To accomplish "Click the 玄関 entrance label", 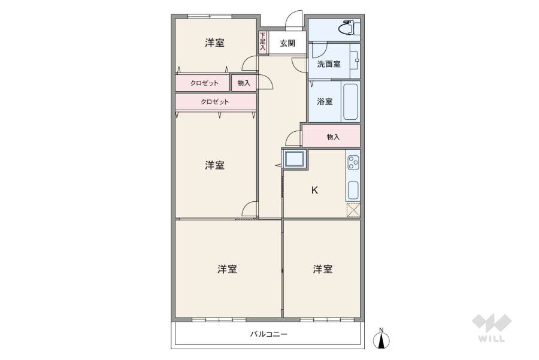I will click(x=287, y=43).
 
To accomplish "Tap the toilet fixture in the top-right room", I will click(x=347, y=28).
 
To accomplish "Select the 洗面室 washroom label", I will click(x=329, y=64).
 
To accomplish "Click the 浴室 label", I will click(x=325, y=102).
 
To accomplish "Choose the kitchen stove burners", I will click(x=353, y=162).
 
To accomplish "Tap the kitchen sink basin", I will click(x=353, y=190).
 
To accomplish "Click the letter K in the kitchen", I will click(x=314, y=190).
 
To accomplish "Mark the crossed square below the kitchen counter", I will click(x=353, y=210).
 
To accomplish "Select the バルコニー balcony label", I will click(x=269, y=334).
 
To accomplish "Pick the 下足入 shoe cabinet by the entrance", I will click(x=262, y=43).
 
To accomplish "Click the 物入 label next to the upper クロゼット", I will click(x=244, y=83).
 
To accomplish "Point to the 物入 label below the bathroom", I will click(x=333, y=137).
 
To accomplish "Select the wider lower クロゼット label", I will click(x=214, y=102).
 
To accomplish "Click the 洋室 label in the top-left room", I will click(x=214, y=43).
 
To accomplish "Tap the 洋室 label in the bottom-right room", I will click(x=322, y=270).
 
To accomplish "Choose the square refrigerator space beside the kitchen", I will click(x=294, y=159).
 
